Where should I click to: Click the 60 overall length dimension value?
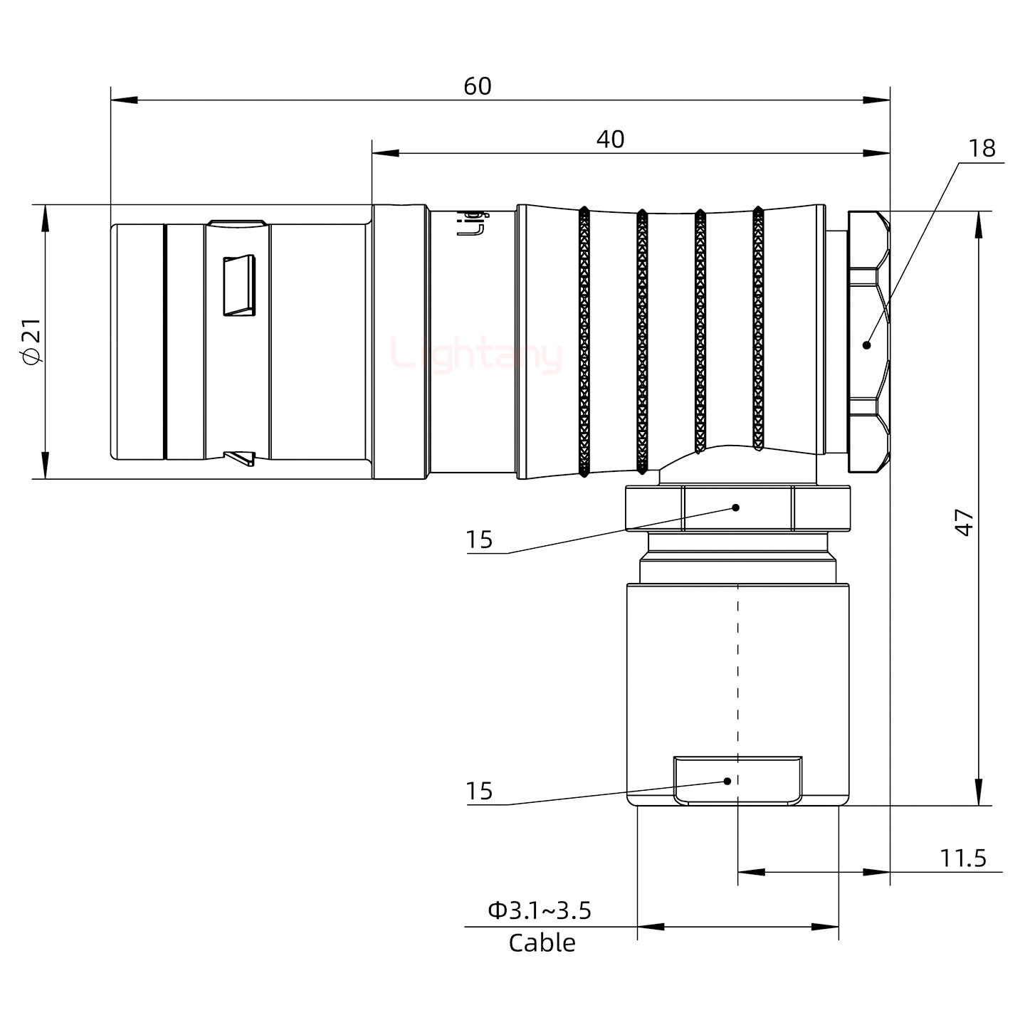click(478, 86)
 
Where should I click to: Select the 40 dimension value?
click(610, 140)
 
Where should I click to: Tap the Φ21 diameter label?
click(33, 342)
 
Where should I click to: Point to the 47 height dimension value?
click(964, 522)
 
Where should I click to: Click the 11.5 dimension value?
click(963, 858)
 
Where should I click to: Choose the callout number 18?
click(982, 148)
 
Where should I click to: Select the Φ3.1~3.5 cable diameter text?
click(540, 910)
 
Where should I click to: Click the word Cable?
click(542, 943)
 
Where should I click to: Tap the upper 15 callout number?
click(479, 540)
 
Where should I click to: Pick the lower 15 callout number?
click(479, 792)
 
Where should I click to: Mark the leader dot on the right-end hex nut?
click(866, 345)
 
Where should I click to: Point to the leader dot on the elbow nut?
click(737, 508)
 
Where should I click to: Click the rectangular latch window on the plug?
click(239, 285)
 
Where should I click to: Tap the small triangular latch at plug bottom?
click(240, 458)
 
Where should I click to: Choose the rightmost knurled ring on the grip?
click(758, 329)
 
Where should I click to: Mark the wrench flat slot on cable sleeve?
click(737, 781)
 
